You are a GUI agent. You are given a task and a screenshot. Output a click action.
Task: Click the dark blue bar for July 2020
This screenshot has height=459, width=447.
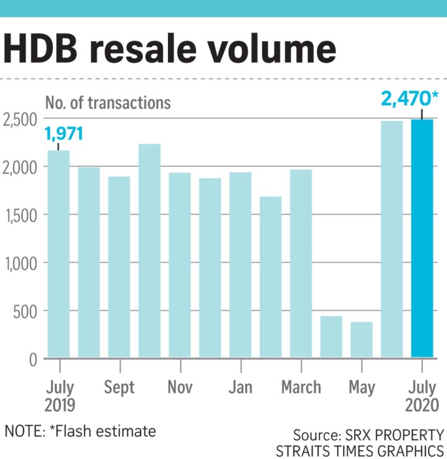click(422, 239)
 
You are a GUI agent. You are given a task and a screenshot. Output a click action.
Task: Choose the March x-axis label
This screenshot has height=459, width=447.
click(301, 387)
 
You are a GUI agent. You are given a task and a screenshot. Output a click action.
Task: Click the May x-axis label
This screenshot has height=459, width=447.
click(361, 387)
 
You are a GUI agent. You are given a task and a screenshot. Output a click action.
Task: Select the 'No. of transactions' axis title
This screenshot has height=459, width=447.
click(108, 103)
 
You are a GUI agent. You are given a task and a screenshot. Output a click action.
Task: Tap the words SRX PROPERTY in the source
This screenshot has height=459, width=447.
click(398, 435)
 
